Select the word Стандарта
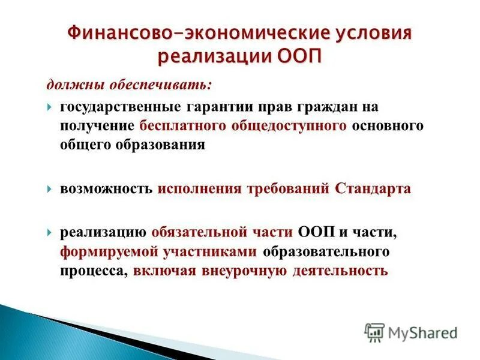373,189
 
